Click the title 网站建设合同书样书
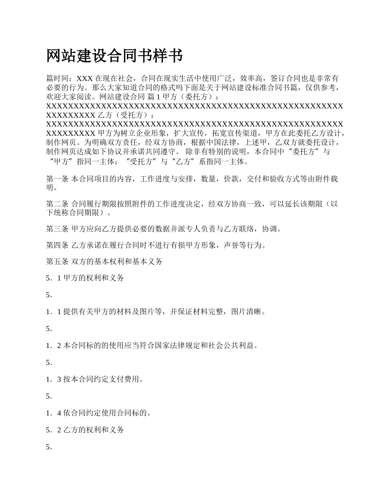pyautogui.click(x=114, y=56)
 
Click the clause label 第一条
pyautogui.click(x=57, y=179)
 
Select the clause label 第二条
pyautogui.click(x=57, y=204)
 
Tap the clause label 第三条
pyautogui.click(x=57, y=229)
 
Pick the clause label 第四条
pyautogui.click(x=57, y=245)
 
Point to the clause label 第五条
pyautogui.click(x=57, y=262)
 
